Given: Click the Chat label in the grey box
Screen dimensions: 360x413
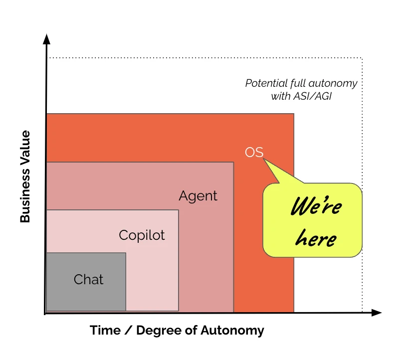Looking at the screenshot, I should tap(88, 280).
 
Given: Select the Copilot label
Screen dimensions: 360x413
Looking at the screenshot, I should tap(142, 235).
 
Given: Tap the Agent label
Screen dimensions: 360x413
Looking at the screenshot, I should tap(198, 196).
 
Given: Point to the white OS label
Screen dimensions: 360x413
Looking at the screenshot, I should tap(254, 153).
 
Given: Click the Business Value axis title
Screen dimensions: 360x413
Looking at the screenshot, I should tap(25, 177).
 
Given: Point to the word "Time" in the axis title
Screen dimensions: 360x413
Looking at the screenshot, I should tap(105, 331).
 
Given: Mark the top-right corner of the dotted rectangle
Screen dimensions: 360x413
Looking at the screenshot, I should tap(362, 58).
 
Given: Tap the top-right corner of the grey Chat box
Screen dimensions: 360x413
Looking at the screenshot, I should tap(126, 253).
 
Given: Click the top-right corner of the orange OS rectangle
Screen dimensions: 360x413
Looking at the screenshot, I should tap(294, 114).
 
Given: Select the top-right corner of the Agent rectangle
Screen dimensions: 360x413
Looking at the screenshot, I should tap(233, 162).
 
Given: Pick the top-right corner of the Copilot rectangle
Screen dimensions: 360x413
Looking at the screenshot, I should tap(179, 210).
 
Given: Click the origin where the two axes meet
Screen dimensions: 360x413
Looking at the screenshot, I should tap(46, 313).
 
